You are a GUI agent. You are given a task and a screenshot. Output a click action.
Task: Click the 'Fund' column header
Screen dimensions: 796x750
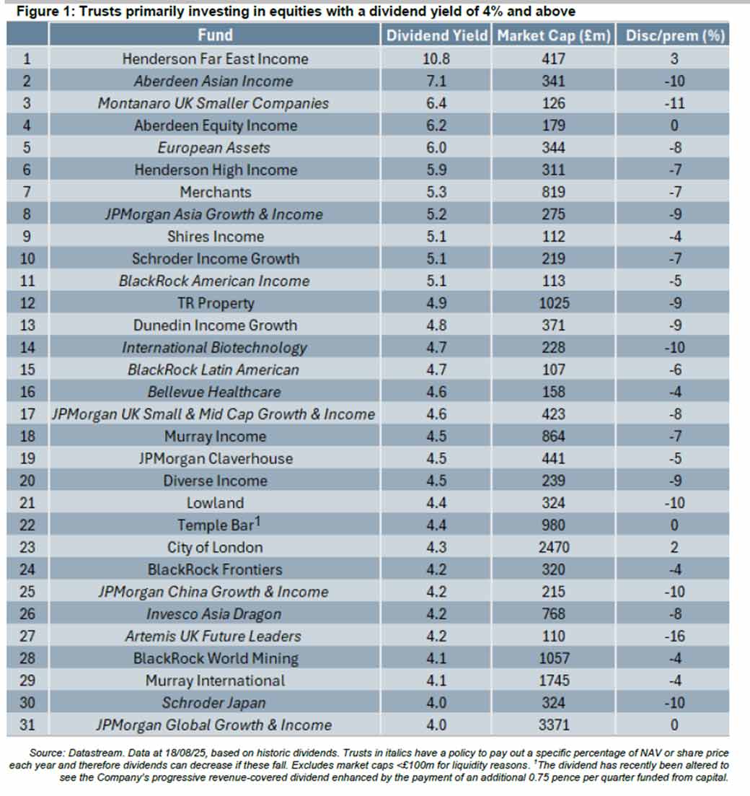(215, 35)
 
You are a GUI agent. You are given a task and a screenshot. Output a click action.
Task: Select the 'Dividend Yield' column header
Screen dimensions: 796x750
(436, 35)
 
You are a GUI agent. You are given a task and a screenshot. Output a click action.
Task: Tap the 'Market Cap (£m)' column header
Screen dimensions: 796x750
(553, 35)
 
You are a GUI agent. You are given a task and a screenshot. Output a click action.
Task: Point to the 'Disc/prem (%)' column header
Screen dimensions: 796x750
(674, 35)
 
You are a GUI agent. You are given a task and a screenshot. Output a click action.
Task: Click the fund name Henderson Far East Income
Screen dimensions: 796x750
(215, 58)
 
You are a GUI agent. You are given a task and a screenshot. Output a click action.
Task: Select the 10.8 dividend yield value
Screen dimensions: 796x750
(436, 58)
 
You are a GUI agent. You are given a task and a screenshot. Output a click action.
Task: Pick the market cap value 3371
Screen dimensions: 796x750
(553, 725)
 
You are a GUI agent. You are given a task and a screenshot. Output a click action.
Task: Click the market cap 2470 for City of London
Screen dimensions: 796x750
(553, 547)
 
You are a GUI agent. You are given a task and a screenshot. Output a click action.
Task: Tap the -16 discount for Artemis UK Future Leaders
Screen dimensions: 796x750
(674, 636)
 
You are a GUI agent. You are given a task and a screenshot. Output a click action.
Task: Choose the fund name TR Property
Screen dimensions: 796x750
(215, 303)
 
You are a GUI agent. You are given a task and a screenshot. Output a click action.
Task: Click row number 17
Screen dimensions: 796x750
(27, 414)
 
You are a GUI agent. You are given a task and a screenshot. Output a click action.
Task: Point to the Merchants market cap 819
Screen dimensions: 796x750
(553, 192)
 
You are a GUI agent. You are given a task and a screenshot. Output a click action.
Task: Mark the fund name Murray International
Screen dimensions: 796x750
(215, 681)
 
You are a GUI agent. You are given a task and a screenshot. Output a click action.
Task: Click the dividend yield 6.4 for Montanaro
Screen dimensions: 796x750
(436, 103)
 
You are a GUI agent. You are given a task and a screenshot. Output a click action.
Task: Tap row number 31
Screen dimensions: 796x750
(27, 725)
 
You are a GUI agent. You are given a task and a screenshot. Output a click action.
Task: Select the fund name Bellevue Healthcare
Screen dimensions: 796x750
(215, 392)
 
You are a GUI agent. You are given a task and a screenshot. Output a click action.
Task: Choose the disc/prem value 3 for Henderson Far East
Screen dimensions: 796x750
(674, 58)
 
